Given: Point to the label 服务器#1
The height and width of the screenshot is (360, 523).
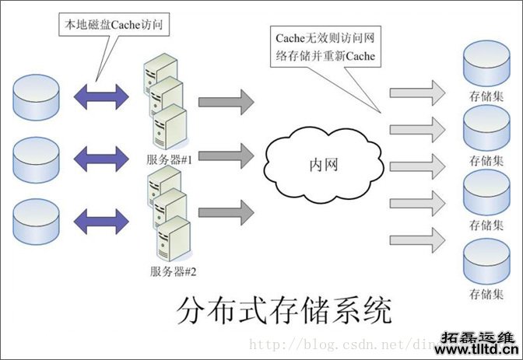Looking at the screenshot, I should (174, 159).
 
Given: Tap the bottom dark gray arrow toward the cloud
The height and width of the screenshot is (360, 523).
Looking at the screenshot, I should (226, 211).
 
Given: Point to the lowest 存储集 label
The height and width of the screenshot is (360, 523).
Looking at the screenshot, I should (486, 295).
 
